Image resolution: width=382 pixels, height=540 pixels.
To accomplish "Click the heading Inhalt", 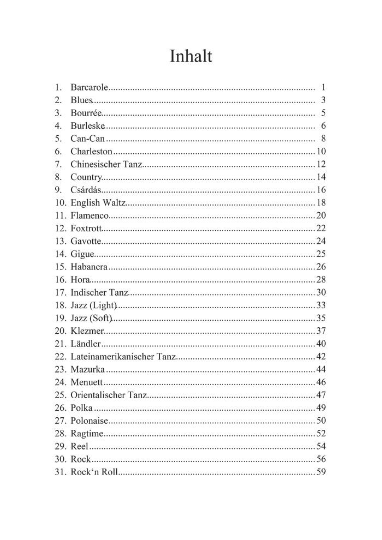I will click(190, 57).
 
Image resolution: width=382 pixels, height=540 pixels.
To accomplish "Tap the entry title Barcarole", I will click(89, 87).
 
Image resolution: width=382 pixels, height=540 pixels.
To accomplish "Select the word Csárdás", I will click(86, 190).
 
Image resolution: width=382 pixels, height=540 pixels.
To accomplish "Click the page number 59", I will click(321, 471).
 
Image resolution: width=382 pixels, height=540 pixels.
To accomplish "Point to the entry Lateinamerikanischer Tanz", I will click(123, 356).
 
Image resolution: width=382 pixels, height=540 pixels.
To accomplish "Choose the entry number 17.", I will click(60, 292).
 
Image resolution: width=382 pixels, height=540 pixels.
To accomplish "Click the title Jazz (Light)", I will click(93, 305).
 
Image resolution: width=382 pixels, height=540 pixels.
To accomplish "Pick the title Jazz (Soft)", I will click(91, 318).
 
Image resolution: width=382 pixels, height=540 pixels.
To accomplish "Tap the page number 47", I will click(321, 395).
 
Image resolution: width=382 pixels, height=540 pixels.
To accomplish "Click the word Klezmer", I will click(87, 331).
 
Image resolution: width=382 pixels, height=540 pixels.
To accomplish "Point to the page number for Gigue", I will click(321, 254).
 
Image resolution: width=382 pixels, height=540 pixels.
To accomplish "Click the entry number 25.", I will click(60, 395).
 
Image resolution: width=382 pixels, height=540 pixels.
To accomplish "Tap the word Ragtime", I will click(87, 434).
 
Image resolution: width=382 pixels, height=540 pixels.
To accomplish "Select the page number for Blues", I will click(323, 100).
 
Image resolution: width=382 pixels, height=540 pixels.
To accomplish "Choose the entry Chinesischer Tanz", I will click(106, 164).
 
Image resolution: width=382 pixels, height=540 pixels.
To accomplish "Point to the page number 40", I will click(321, 344).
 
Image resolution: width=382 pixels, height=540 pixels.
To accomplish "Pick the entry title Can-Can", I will click(87, 139).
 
